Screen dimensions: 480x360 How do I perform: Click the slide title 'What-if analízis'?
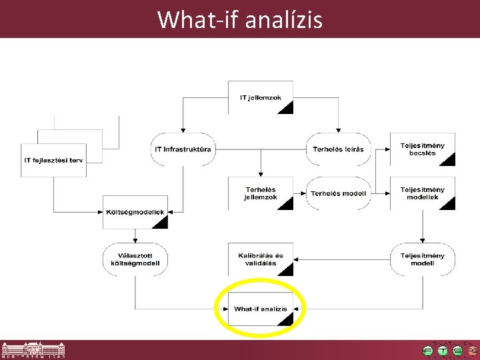[x=240, y=19]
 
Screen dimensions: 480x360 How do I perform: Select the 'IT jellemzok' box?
[x=261, y=97]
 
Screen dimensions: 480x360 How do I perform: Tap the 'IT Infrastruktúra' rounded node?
[x=182, y=149]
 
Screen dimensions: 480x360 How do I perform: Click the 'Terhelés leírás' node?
[x=338, y=149]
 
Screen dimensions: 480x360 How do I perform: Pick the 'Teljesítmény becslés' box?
[x=422, y=149]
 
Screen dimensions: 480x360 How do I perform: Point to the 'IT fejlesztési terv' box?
[x=54, y=160]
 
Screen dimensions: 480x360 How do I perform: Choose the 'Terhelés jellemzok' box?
[x=261, y=193]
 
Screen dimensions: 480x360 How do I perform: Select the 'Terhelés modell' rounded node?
[x=338, y=193]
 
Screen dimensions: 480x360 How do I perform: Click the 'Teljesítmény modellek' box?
[x=422, y=193]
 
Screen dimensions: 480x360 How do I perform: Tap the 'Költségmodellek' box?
[x=135, y=212]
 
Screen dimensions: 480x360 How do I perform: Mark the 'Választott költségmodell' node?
[x=135, y=259]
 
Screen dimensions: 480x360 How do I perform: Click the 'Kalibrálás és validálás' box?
[x=261, y=259]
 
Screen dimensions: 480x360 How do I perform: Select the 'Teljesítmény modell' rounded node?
[x=422, y=259]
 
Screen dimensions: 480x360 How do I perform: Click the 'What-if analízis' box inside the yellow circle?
[x=261, y=309]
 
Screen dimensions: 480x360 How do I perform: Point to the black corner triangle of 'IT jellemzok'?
[x=287, y=108]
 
